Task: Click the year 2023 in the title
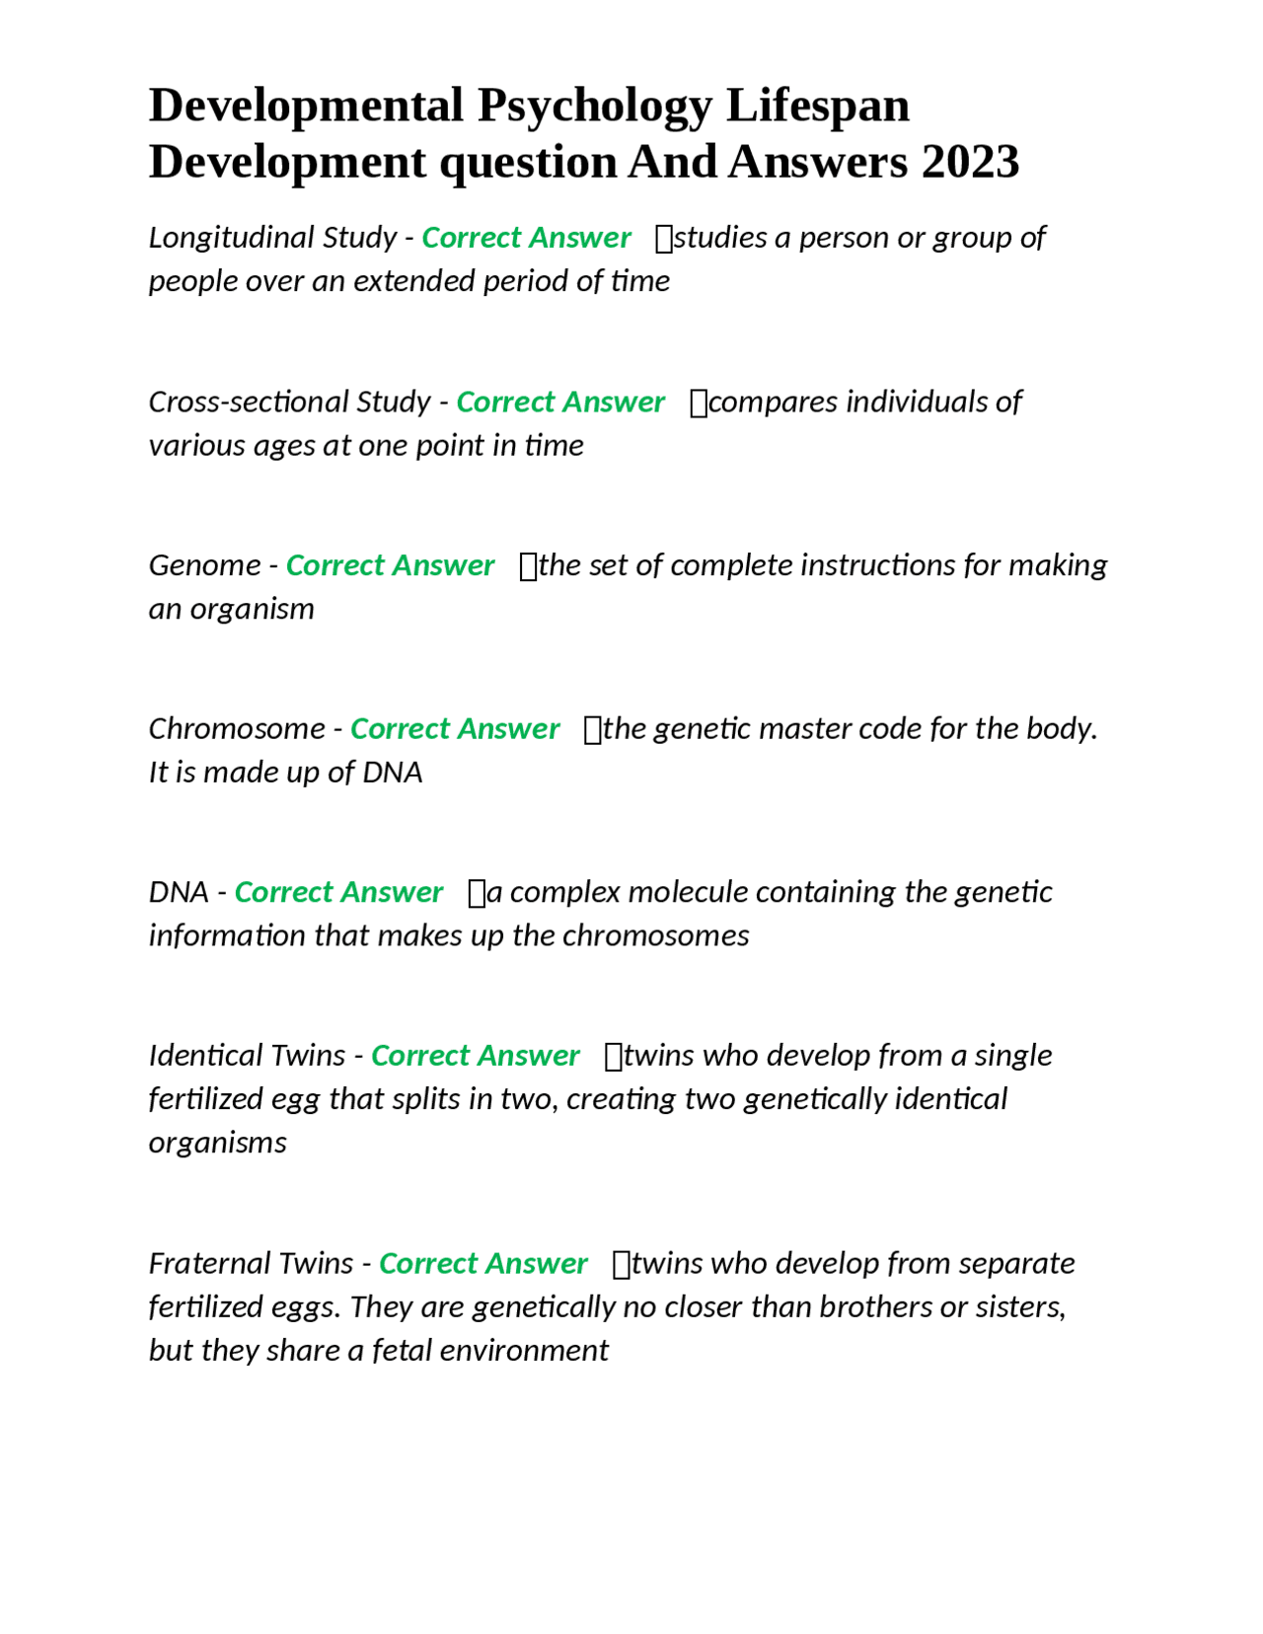[970, 162]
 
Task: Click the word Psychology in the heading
[594, 106]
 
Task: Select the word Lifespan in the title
[818, 106]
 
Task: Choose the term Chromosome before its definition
[237, 729]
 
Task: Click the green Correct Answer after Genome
[390, 565]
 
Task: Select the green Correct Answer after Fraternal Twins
[483, 1264]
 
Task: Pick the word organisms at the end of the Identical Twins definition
[217, 1143]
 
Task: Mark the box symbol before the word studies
[663, 239]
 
